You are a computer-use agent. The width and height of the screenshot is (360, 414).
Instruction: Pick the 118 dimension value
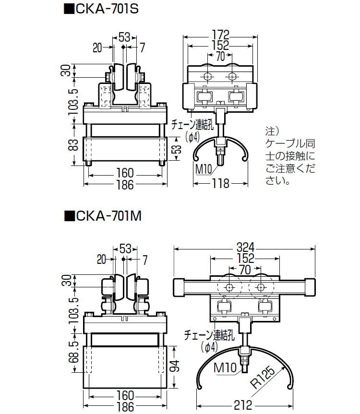tap(220, 183)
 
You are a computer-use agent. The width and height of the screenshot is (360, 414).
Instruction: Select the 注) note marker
tap(272, 130)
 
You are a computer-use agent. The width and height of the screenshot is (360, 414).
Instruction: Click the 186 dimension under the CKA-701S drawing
tap(125, 185)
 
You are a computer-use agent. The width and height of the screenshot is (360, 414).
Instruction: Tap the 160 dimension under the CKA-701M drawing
tap(125, 395)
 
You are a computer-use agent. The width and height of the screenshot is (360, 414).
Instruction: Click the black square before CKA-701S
tap(69, 9)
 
